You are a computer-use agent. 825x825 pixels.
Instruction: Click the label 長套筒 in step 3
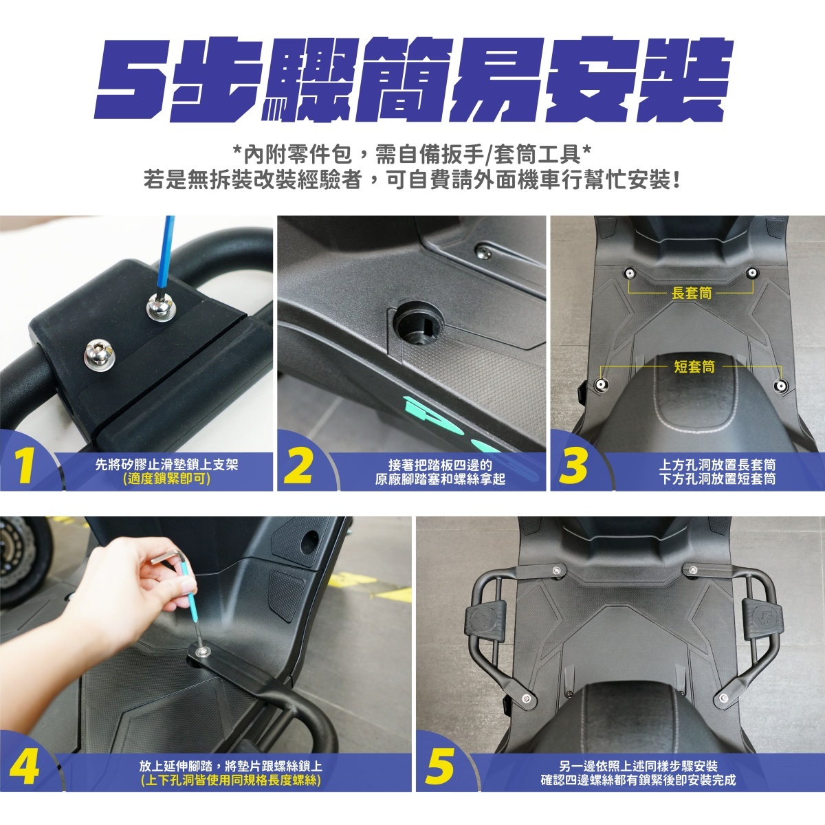click(692, 294)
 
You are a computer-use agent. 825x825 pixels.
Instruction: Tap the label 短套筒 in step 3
click(694, 366)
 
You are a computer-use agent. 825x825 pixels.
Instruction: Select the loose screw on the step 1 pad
click(97, 350)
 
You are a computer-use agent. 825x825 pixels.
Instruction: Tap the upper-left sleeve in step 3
click(628, 273)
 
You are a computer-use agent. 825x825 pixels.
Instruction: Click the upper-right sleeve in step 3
click(751, 272)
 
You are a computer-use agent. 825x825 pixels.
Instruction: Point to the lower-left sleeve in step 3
click(599, 385)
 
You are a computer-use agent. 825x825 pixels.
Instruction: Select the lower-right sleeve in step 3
click(781, 385)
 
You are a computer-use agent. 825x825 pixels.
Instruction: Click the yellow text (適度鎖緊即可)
click(166, 479)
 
